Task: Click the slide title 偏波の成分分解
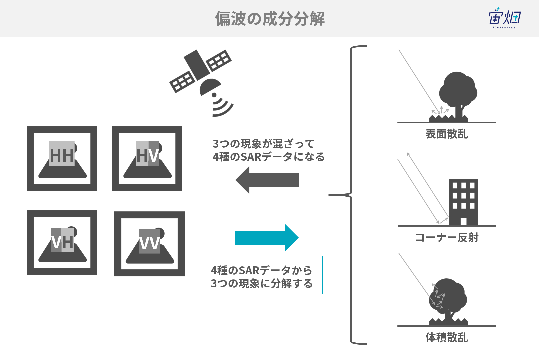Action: (x=269, y=19)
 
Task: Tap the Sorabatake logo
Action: (x=504, y=18)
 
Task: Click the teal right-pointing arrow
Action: (x=267, y=238)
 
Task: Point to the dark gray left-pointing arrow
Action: (x=267, y=180)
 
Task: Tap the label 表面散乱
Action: (x=447, y=134)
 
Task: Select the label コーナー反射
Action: (x=447, y=238)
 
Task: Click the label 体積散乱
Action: (x=447, y=337)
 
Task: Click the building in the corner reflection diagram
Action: (x=463, y=202)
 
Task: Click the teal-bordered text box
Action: (x=262, y=275)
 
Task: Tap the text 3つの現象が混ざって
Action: (x=264, y=144)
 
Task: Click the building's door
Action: (x=463, y=222)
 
